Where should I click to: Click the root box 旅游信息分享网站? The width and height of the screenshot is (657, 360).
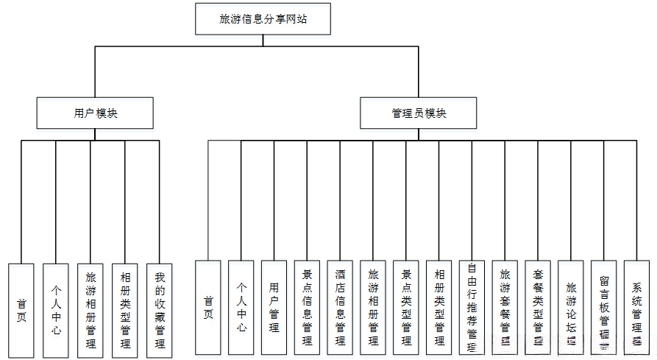pos(263,19)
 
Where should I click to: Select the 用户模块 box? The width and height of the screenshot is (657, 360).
pos(96,113)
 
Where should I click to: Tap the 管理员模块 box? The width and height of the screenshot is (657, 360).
pos(419,113)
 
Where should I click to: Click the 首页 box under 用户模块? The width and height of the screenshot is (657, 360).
pos(21,309)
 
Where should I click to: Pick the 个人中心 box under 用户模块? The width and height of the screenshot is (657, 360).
pos(56,309)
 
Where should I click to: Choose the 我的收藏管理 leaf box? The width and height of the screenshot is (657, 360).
pos(160,309)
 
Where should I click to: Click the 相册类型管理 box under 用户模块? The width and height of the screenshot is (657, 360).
pos(125,309)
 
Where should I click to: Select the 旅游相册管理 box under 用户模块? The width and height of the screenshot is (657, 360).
pos(90,309)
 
